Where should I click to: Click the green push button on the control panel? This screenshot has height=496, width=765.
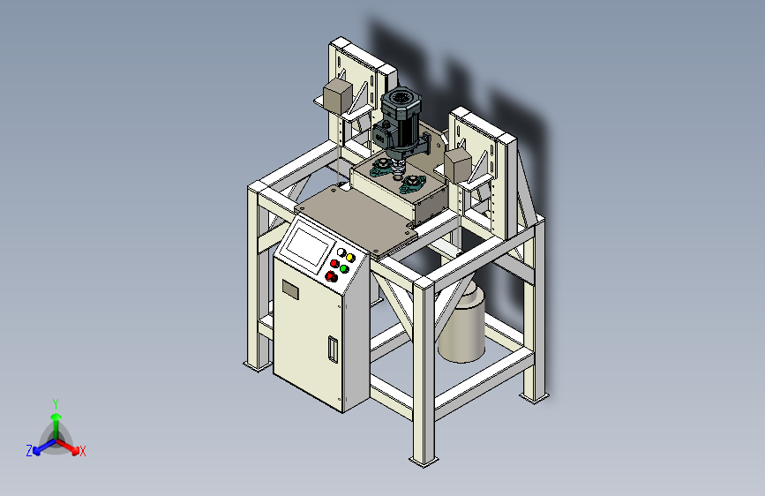tap(344, 269)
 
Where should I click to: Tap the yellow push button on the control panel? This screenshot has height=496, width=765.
tap(349, 258)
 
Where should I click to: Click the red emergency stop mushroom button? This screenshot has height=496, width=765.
tap(331, 277)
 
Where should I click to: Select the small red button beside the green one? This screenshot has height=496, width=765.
tap(334, 264)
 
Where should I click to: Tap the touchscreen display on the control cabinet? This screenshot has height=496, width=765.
tap(308, 246)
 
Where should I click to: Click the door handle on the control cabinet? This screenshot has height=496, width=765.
tap(333, 349)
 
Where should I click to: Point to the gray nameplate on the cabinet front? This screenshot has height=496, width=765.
tap(290, 289)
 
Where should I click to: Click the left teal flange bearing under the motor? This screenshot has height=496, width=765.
tap(382, 169)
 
